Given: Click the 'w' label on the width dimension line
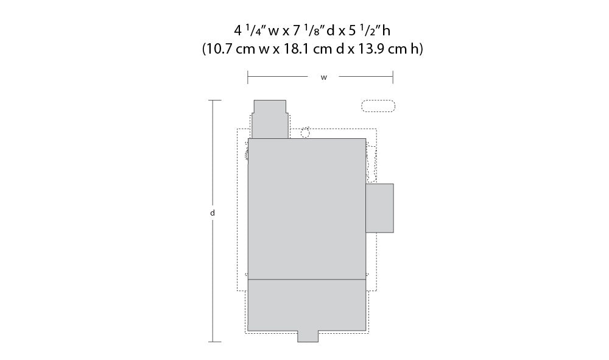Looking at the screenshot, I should pyautogui.click(x=324, y=77).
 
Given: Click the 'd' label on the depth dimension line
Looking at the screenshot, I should pyautogui.click(x=212, y=213).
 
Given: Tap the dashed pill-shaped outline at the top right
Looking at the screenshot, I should pyautogui.click(x=378, y=106).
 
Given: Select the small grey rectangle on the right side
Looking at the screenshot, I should pyautogui.click(x=379, y=208).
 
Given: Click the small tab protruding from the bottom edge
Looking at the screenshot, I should pyautogui.click(x=308, y=336).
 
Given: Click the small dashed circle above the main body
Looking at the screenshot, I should pyautogui.click(x=306, y=132).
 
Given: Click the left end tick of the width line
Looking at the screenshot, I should pyautogui.click(x=248, y=77).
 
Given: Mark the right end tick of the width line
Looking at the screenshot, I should pyautogui.click(x=393, y=77).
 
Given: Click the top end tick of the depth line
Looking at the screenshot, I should pyautogui.click(x=212, y=101).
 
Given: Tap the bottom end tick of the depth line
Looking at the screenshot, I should pyautogui.click(x=212, y=342).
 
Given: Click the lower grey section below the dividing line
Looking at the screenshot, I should pyautogui.click(x=307, y=305).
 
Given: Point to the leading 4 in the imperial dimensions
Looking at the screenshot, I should pyautogui.click(x=238, y=29).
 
